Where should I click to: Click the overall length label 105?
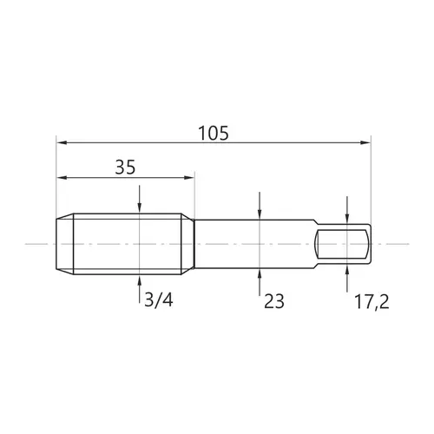coord(214,133)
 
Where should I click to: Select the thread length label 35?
coord(125,168)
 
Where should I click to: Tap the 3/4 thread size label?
coord(159,300)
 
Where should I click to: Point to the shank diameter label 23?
coord(274,301)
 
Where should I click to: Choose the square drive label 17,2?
coord(372,302)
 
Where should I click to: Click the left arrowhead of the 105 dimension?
coord(62,142)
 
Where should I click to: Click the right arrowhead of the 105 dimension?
coord(365,142)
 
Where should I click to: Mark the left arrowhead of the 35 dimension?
coord(62,178)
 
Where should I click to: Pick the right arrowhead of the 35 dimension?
coord(188,178)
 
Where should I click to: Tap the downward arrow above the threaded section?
coord(140,200)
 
